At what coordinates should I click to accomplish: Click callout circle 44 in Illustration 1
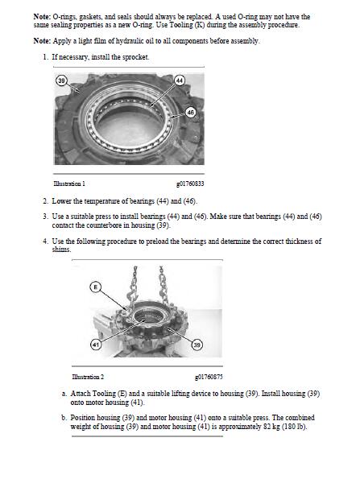[x=180, y=81]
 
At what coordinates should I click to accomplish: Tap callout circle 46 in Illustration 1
[x=190, y=113]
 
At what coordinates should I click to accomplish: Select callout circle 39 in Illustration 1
[x=61, y=81]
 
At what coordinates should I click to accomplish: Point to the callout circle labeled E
[x=95, y=287]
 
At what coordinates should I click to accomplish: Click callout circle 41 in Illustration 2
[x=96, y=345]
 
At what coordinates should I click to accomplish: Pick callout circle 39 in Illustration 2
[x=197, y=345]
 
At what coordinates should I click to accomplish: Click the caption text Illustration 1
[x=69, y=184]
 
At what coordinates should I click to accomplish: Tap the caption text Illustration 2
[x=88, y=377]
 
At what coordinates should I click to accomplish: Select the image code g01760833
[x=190, y=184]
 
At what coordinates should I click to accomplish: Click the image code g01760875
[x=209, y=377]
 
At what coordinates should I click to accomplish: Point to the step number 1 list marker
[x=46, y=57]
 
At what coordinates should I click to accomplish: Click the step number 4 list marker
[x=46, y=241]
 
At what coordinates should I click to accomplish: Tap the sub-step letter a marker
[x=64, y=394]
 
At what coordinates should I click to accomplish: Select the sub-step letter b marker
[x=64, y=418]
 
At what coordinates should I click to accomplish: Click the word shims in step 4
[x=61, y=250]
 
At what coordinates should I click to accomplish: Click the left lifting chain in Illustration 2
[x=133, y=286]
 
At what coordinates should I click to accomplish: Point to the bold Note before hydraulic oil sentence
[x=42, y=41]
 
